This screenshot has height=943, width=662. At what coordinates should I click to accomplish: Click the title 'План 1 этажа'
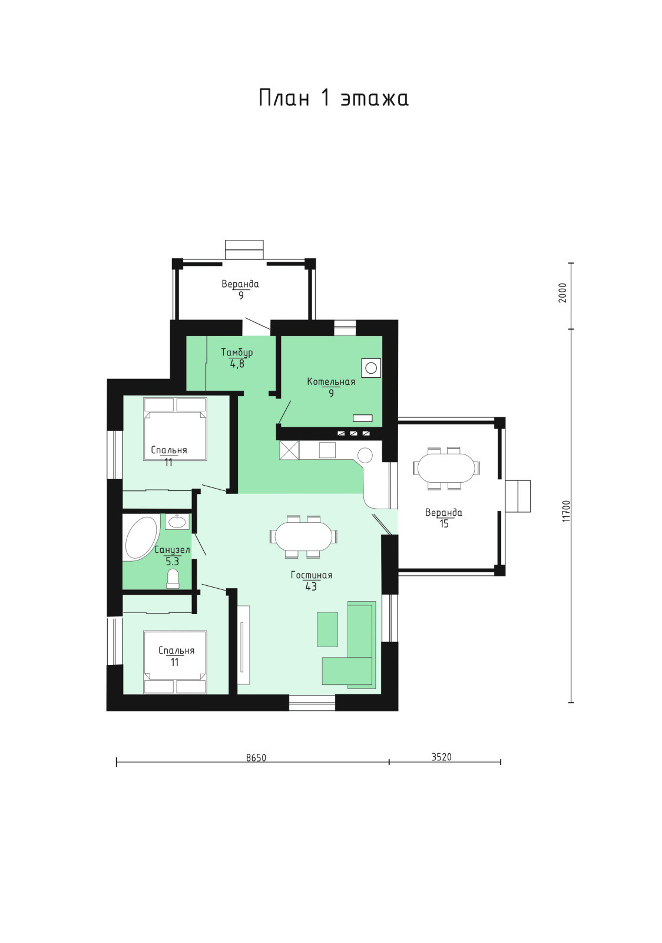333,98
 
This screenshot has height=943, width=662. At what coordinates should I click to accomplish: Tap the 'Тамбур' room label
237,352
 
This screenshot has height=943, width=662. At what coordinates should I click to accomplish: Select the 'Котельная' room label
331,382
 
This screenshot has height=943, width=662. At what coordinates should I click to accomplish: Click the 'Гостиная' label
311,575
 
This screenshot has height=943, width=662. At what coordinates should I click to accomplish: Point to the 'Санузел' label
172,550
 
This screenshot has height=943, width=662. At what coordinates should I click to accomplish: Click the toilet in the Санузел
173,578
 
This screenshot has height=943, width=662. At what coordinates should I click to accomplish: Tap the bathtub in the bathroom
141,539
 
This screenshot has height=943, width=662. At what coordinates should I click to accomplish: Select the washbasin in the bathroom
177,522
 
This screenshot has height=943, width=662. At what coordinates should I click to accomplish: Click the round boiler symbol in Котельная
371,368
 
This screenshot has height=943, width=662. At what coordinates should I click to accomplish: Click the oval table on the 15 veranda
446,468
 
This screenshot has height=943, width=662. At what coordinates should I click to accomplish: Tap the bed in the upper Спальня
175,429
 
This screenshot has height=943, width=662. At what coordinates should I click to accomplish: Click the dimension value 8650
256,758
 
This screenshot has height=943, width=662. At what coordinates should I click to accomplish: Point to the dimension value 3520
441,757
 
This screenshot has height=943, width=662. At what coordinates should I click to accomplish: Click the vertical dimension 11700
566,511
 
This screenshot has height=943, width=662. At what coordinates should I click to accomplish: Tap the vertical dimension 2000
563,292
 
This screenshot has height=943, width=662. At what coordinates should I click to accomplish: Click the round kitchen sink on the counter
365,455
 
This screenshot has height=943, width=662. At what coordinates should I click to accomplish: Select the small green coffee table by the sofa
327,629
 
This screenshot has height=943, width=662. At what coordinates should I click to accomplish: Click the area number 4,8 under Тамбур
237,364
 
